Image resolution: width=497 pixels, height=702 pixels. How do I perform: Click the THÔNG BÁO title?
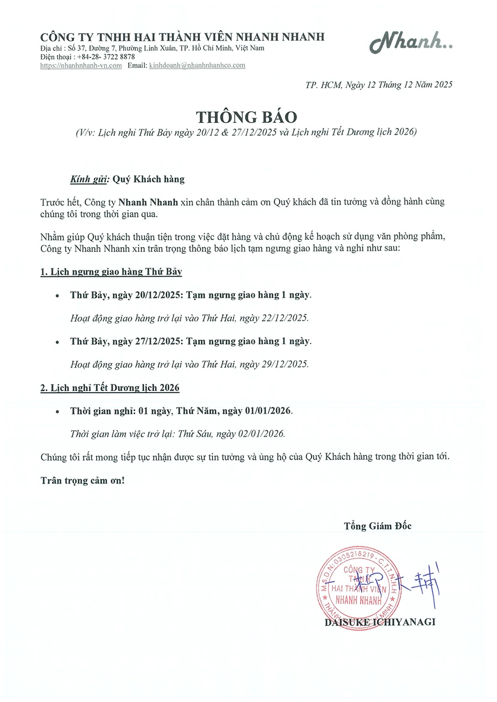coord(247,117)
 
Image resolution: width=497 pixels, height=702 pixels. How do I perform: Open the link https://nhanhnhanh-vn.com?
coord(81,66)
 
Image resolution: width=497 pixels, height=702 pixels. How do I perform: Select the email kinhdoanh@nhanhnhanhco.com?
coord(197,66)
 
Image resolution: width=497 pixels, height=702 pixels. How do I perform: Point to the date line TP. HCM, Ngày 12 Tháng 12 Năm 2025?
coord(379,85)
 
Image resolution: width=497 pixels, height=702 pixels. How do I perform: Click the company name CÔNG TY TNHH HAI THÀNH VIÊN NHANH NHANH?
coord(182,37)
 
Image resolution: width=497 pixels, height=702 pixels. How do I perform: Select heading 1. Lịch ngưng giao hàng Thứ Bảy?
coord(111,272)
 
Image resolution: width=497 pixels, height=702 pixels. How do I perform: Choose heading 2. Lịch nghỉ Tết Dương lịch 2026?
coord(110,388)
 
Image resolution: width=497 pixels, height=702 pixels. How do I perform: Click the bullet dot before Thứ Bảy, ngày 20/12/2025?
coord(57,296)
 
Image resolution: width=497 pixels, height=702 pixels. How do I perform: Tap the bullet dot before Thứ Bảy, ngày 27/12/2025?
coord(57,342)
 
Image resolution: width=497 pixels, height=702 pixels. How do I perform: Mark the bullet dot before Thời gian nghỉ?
coord(57,412)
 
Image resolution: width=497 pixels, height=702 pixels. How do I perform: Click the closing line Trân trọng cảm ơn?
coord(83,480)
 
